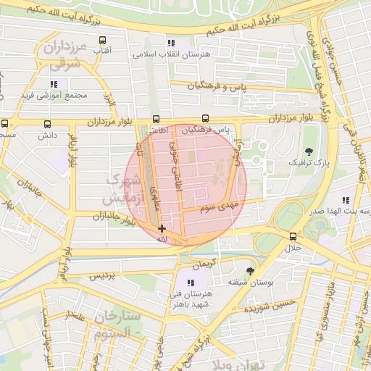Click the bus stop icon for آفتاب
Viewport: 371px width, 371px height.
tap(102, 41)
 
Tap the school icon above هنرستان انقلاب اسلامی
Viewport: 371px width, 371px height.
tap(171, 43)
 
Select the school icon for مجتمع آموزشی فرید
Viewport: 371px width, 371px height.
tap(54, 84)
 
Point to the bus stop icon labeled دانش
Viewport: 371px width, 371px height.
tap(47, 125)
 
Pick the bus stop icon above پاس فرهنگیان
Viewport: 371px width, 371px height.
tap(205, 119)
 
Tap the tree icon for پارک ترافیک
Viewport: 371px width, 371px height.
tap(310, 151)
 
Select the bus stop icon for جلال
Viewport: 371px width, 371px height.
tap(293, 236)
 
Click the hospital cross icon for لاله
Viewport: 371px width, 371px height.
tap(161, 229)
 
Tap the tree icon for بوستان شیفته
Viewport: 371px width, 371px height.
tap(251, 270)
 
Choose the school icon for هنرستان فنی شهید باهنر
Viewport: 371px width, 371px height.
tap(191, 283)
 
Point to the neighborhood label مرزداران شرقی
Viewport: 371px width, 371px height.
tap(65, 56)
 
